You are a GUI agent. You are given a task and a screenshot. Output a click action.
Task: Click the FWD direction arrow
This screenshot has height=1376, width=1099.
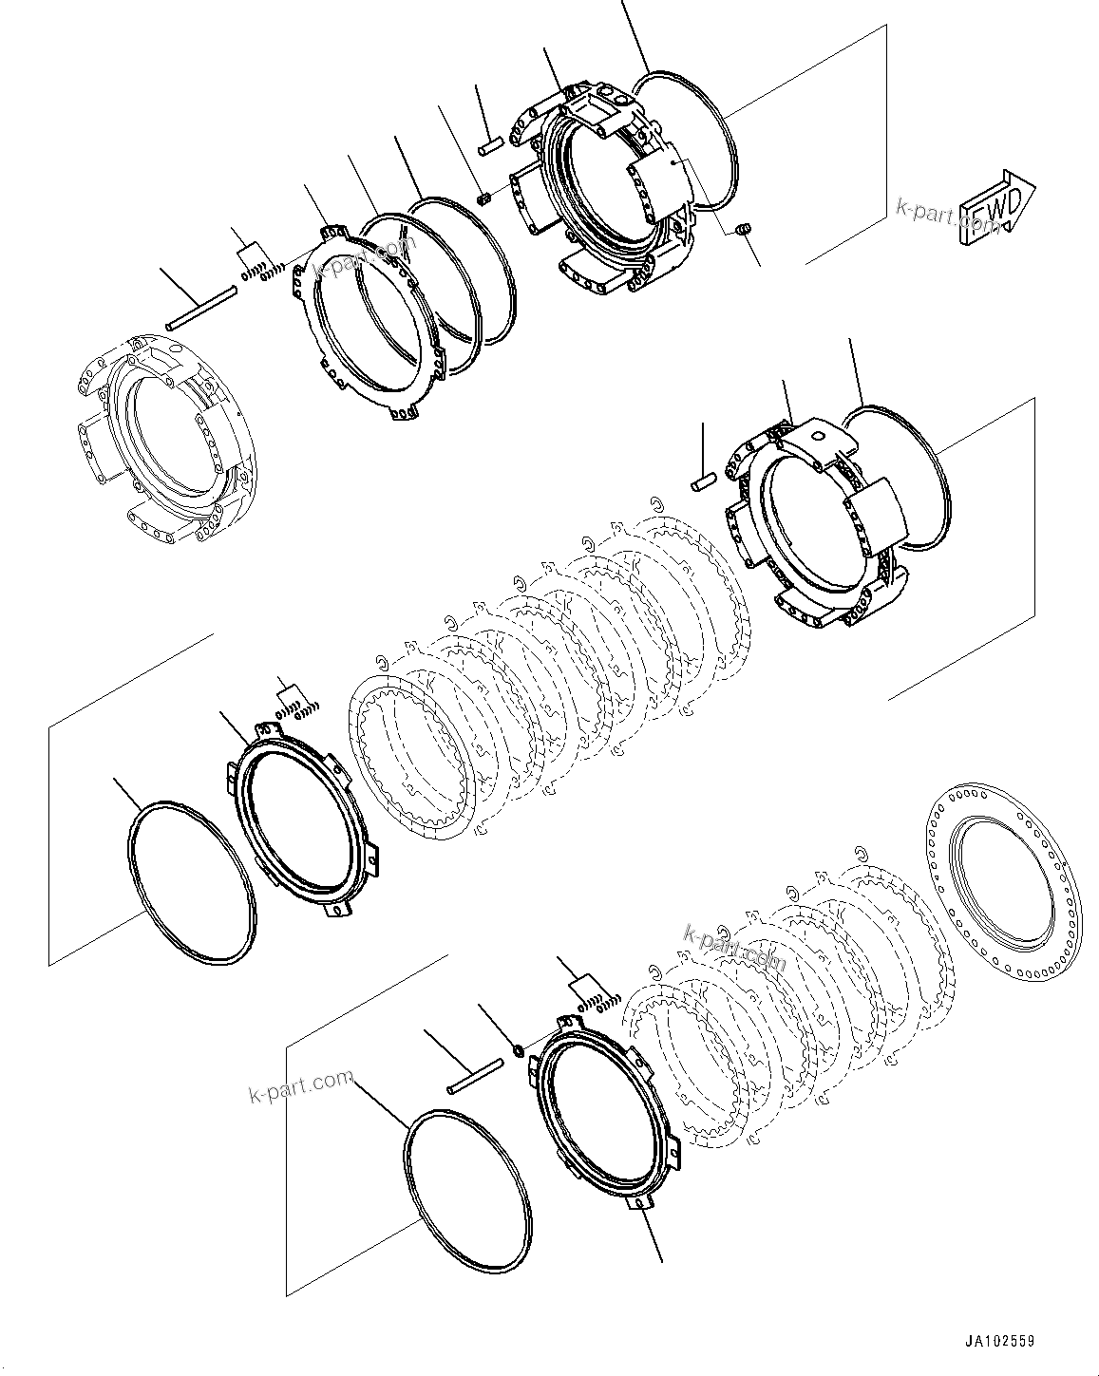(996, 210)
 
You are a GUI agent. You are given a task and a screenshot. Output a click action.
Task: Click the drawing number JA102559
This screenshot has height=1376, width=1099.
(999, 1341)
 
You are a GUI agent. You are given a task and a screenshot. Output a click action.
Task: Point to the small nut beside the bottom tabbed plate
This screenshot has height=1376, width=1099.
(519, 1049)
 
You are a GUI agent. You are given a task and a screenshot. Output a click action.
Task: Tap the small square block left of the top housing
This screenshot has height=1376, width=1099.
(483, 198)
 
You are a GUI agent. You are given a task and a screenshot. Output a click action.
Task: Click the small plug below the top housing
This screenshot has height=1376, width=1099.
(744, 228)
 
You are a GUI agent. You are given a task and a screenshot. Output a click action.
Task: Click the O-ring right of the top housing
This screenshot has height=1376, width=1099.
(688, 139)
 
